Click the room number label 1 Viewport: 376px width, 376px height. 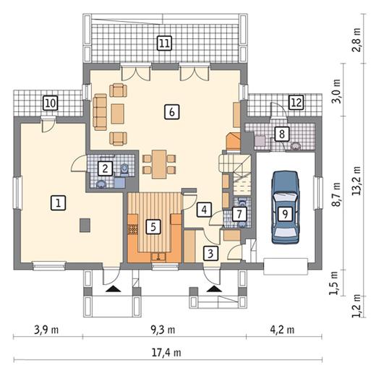tap(58, 203)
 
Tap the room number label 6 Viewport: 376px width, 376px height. tap(172, 112)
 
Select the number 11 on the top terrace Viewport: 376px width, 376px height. tap(165, 43)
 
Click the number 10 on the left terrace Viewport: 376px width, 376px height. tap(51, 103)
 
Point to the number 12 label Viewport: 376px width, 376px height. tap(296, 103)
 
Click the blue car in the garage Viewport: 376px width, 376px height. tap(286, 208)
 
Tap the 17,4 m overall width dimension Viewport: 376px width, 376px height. tap(166, 353)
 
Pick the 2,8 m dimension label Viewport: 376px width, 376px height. tap(356, 40)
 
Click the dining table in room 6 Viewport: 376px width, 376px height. tap(159, 164)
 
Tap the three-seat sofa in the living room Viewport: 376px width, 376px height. tap(100, 112)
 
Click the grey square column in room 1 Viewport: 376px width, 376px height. tap(85, 225)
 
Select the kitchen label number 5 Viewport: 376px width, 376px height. tap(153, 227)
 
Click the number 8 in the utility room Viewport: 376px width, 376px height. tap(282, 134)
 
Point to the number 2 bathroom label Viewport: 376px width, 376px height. tap(106, 168)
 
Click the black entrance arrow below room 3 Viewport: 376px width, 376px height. tap(214, 289)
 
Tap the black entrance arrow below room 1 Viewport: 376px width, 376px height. tap(113, 289)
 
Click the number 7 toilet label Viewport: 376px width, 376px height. tap(239, 214)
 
